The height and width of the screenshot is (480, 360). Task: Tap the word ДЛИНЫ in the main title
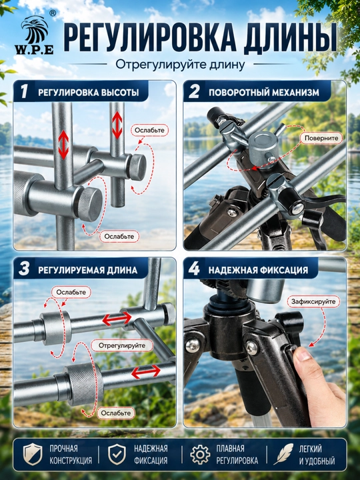289,38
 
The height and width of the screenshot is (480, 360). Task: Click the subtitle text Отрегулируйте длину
180,65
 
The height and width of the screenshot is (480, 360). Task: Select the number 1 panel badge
24,91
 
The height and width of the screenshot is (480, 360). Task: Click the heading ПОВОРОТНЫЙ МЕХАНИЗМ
264,93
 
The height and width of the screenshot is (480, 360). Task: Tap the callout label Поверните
321,138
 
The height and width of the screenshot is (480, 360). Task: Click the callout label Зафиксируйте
313,301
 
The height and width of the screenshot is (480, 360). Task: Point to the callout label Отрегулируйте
122,345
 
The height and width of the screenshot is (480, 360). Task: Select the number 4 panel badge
194,269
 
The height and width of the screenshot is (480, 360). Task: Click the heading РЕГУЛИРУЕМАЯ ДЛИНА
87,270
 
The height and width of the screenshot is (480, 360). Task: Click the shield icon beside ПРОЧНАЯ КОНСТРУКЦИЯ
33,455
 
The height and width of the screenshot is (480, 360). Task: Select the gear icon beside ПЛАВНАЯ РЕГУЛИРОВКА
200,455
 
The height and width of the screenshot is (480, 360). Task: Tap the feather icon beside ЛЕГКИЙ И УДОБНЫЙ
283,454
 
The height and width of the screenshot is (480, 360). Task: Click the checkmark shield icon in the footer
117,455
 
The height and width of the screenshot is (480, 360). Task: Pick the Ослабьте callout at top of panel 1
150,130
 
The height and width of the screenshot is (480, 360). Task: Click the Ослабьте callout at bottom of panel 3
116,413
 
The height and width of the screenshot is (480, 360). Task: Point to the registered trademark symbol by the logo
53,13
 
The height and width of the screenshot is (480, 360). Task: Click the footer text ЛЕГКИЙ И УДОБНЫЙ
317,455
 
